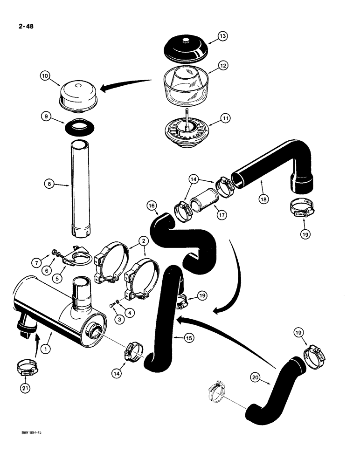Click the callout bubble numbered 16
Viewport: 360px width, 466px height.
tap(151, 205)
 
